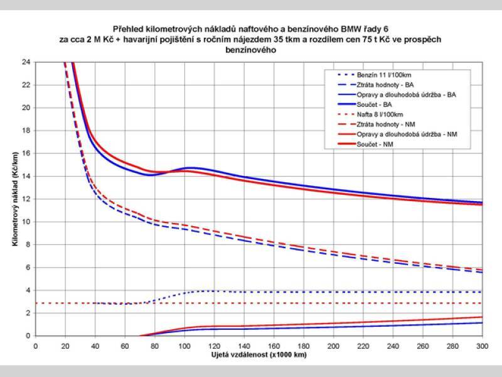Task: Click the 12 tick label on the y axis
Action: (x=26, y=199)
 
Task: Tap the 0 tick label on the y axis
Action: (x=28, y=336)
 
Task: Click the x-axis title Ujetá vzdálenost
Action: (x=258, y=355)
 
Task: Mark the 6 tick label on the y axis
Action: (x=28, y=268)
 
